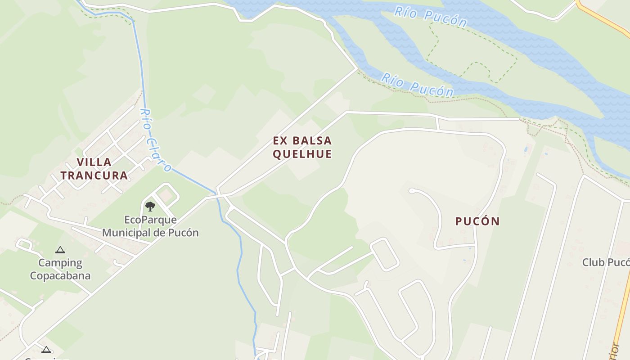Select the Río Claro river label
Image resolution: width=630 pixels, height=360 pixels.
click(x=155, y=140)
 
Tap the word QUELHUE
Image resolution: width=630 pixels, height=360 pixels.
click(x=302, y=154)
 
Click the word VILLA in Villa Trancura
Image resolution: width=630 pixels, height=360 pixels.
click(x=94, y=162)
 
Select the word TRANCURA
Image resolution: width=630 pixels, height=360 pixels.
click(x=94, y=175)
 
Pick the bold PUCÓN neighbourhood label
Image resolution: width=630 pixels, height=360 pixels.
click(x=477, y=221)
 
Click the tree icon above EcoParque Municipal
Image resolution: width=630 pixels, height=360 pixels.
click(x=150, y=207)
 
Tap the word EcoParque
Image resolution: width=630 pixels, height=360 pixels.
click(x=151, y=220)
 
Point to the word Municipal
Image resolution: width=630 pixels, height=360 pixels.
click(x=127, y=233)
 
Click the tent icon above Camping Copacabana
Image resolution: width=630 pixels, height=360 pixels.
click(x=60, y=250)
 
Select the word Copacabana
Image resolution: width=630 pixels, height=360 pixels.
click(x=60, y=275)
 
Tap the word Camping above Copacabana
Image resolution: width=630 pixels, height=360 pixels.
click(x=60, y=263)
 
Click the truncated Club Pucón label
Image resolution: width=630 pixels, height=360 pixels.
click(x=606, y=262)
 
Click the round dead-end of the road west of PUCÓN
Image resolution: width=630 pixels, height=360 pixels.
click(x=411, y=191)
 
